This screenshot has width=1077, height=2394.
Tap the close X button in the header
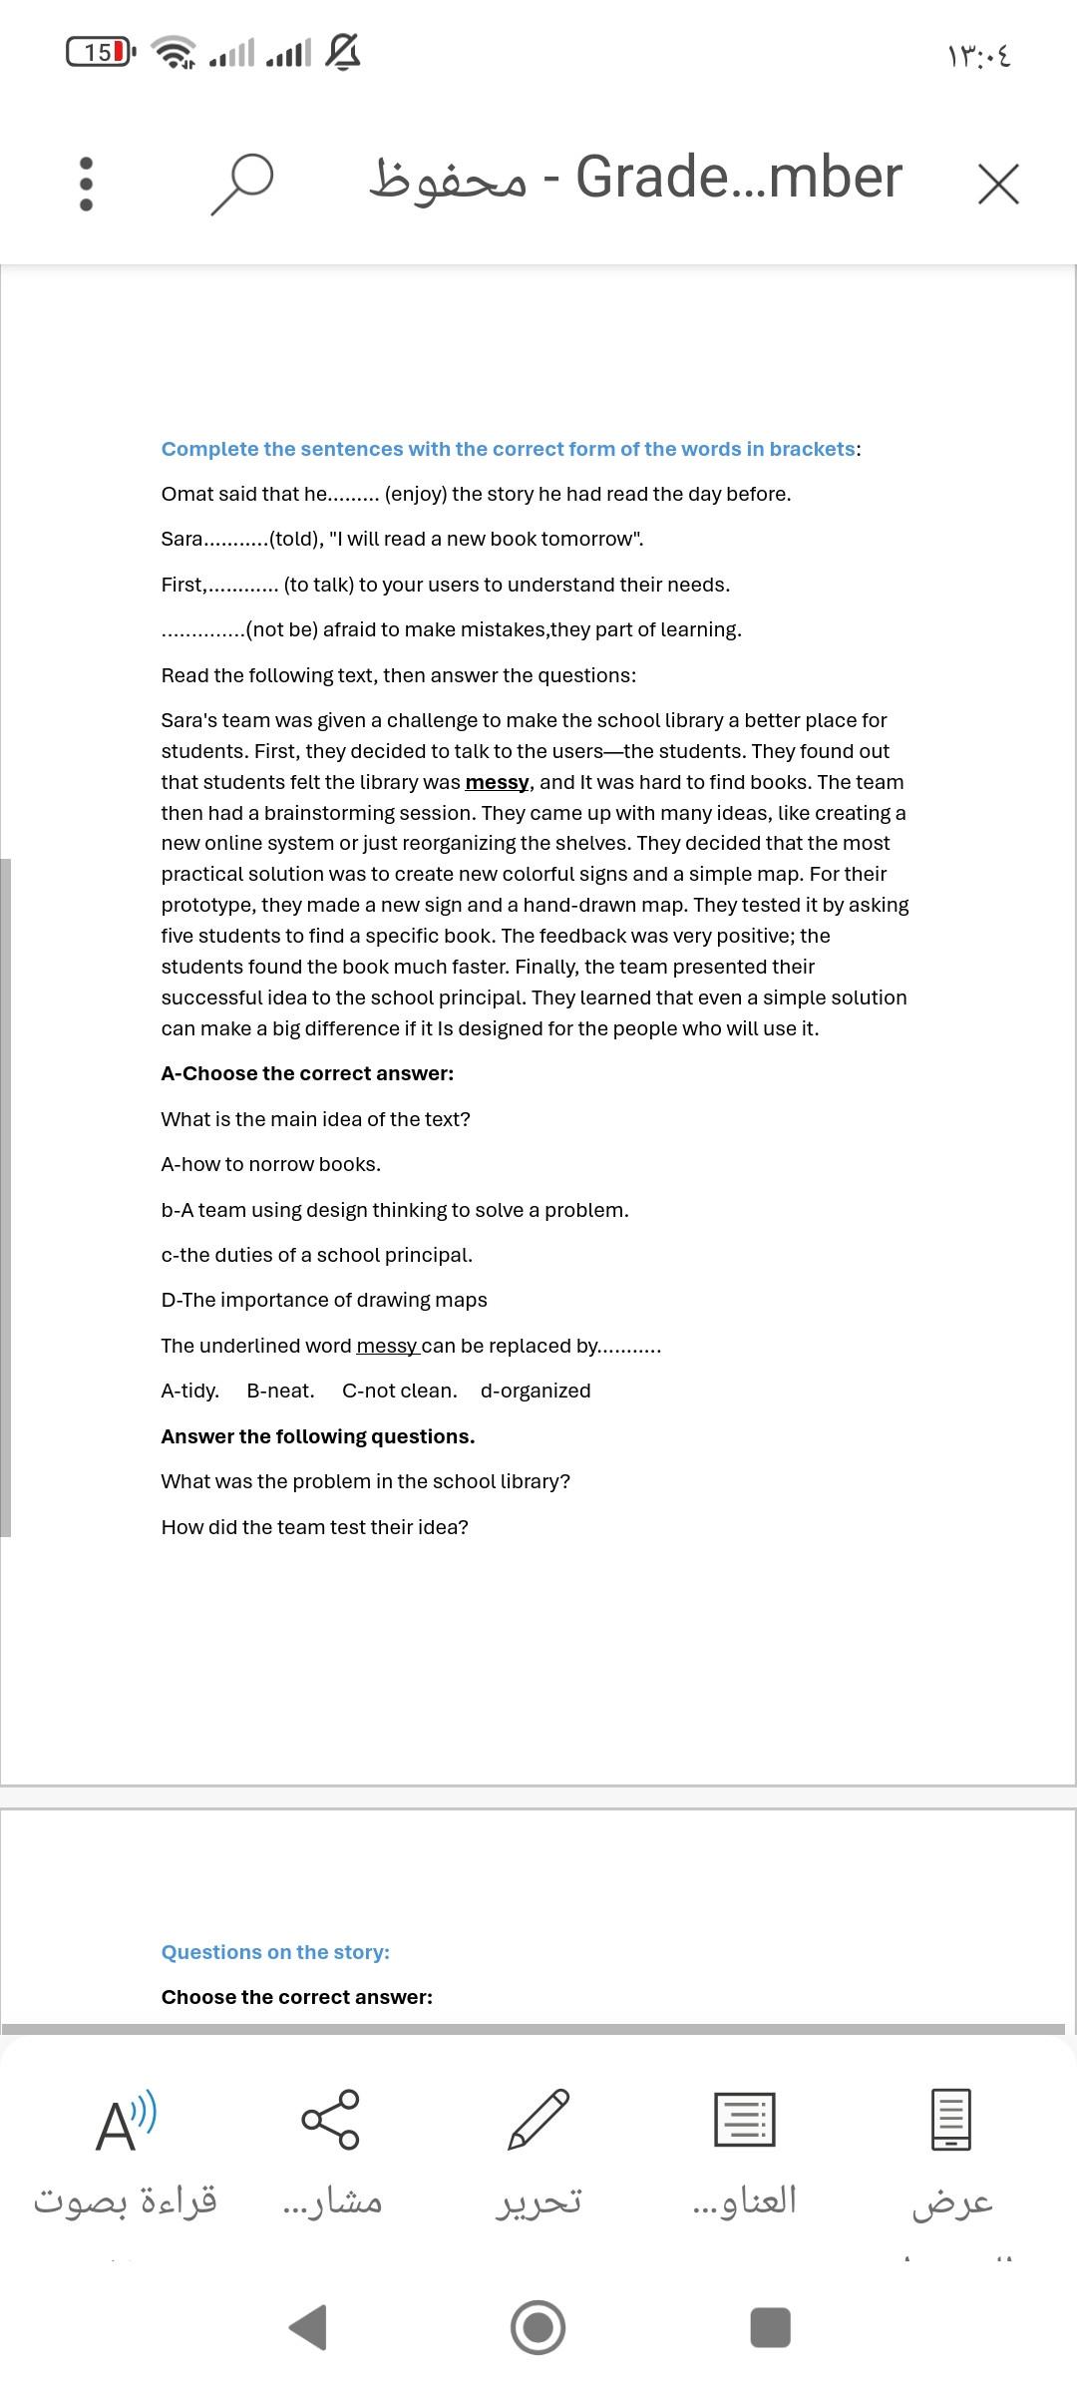point(998,185)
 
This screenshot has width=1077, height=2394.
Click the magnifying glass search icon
point(241,183)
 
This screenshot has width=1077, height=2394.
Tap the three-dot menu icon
point(86,184)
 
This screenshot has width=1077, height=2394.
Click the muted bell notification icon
point(342,51)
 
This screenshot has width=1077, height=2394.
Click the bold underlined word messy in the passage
point(497,782)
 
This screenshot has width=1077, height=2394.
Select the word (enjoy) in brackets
point(415,494)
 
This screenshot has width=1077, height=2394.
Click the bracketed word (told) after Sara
point(296,539)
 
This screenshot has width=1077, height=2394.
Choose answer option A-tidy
point(189,1391)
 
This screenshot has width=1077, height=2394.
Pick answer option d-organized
point(536,1391)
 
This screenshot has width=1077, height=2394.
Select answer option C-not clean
point(399,1391)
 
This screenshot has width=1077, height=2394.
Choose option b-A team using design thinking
point(395,1210)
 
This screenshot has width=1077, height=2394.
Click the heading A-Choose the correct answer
point(307,1073)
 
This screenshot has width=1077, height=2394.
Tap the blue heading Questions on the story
point(275,1952)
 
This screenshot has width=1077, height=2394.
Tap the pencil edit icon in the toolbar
point(538,2119)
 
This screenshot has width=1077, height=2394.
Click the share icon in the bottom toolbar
point(331,2119)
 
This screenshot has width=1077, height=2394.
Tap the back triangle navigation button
point(309,2327)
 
